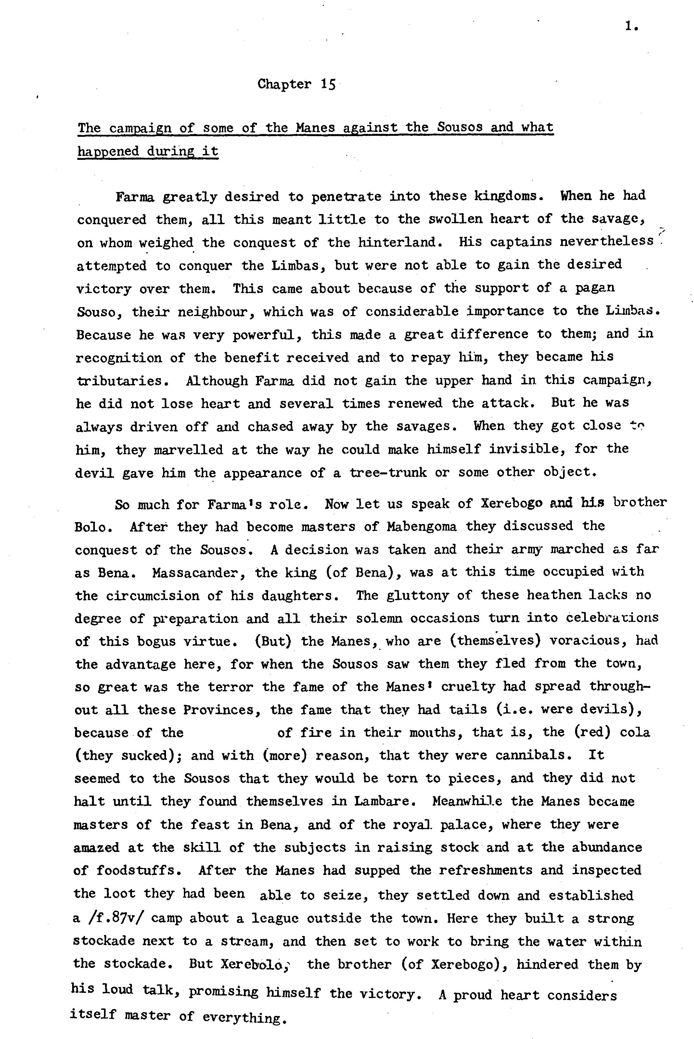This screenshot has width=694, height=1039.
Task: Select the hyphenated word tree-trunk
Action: click(x=388, y=473)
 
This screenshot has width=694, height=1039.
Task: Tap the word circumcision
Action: click(x=153, y=596)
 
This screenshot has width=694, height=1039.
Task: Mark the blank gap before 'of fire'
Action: click(x=230, y=733)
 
